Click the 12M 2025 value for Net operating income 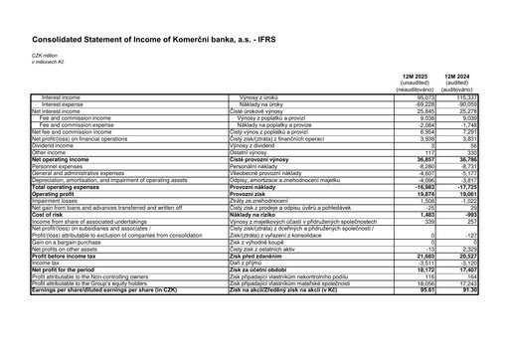[x=415, y=158]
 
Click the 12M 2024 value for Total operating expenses [x=457, y=186]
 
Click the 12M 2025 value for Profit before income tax [x=415, y=256]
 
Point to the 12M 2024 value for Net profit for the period [x=457, y=270]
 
